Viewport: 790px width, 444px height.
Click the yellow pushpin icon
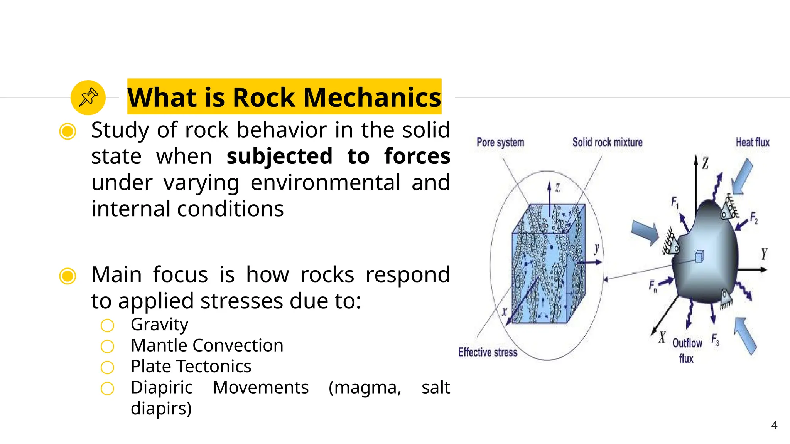point(88,98)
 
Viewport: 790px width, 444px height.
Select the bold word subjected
point(279,156)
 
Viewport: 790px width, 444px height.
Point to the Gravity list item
point(159,325)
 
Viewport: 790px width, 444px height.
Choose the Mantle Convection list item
point(207,345)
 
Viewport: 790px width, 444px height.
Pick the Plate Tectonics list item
point(191,366)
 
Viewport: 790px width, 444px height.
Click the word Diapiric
point(162,387)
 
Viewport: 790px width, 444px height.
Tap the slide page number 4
point(774,425)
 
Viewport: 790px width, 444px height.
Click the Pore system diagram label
point(500,142)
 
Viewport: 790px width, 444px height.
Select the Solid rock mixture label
point(607,142)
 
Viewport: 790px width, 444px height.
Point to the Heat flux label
point(752,142)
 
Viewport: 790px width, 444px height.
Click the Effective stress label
point(488,352)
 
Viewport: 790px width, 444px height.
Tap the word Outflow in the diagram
point(687,343)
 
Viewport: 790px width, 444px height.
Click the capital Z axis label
point(705,163)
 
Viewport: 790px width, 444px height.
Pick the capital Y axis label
point(764,254)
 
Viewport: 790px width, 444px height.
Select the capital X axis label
point(662,338)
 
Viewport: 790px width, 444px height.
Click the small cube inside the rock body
point(699,256)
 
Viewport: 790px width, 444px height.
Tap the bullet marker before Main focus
point(68,276)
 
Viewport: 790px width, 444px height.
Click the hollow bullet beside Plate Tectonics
point(107,367)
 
